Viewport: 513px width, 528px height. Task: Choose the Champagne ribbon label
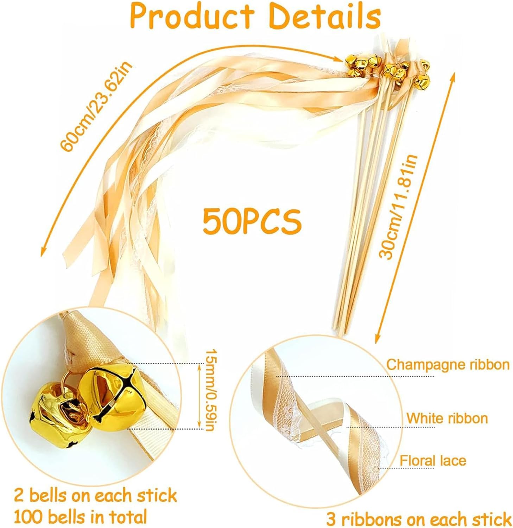coord(448,365)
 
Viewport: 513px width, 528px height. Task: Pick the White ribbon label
coord(447,419)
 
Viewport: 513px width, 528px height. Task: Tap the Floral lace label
coord(433,460)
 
